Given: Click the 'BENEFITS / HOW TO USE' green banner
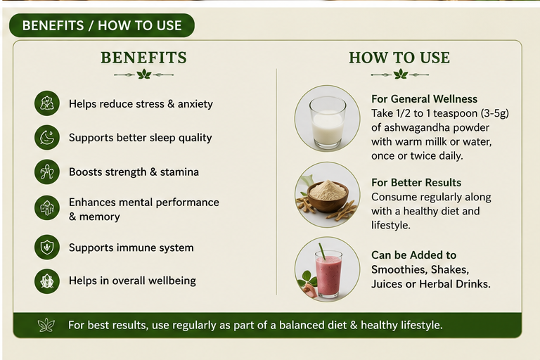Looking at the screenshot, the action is [x=101, y=25].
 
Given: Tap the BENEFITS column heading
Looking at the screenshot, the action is [x=143, y=58].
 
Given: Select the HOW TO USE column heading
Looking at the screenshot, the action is [x=399, y=58].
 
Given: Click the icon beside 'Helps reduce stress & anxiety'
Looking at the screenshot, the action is [x=47, y=103].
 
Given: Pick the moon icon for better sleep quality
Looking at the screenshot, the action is [x=47, y=137].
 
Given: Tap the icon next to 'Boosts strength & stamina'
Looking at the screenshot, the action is [x=47, y=172].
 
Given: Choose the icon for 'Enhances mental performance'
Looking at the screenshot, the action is [x=47, y=207].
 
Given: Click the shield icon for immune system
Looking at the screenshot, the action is [x=47, y=247].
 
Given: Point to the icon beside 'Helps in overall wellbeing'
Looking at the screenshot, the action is [x=47, y=281].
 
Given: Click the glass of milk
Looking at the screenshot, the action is [x=328, y=122].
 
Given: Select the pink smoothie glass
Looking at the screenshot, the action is [x=328, y=274].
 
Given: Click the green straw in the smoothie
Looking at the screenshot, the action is [x=322, y=252].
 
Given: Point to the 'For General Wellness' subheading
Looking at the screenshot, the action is [x=424, y=99].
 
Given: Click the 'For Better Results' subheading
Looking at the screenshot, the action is [x=416, y=183].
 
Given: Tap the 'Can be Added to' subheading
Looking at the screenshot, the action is [x=413, y=255].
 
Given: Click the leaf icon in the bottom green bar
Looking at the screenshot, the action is [x=46, y=325].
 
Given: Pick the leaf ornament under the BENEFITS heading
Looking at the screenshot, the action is [x=143, y=74].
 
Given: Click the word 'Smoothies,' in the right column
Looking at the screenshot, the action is [x=420, y=269].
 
